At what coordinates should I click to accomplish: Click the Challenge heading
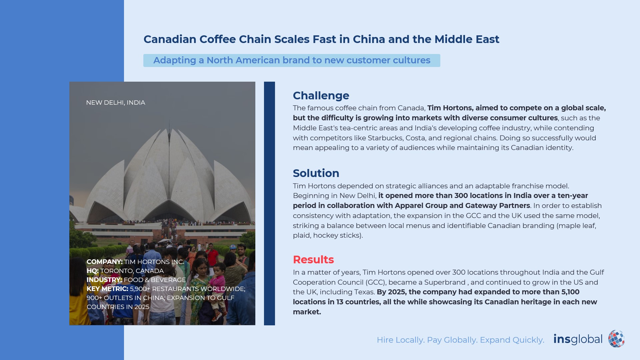coord(321,96)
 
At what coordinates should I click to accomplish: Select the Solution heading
coord(316,173)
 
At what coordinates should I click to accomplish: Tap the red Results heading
coord(313,260)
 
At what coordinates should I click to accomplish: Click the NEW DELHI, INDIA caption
coord(116,103)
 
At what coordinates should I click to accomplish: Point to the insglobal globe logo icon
coord(616,339)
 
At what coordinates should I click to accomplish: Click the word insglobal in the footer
coord(578,339)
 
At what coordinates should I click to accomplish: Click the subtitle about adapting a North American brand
coord(292,60)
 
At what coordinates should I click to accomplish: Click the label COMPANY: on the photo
coord(105,262)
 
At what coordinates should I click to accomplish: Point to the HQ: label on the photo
coord(93,271)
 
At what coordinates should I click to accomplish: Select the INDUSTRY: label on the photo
coord(104,280)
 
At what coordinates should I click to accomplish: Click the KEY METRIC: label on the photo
coord(107,289)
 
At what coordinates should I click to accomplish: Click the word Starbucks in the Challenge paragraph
coord(385,138)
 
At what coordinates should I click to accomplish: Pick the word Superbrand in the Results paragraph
coord(445,282)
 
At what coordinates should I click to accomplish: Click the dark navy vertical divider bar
coord(269,203)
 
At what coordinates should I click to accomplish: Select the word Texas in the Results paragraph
coord(365,292)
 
